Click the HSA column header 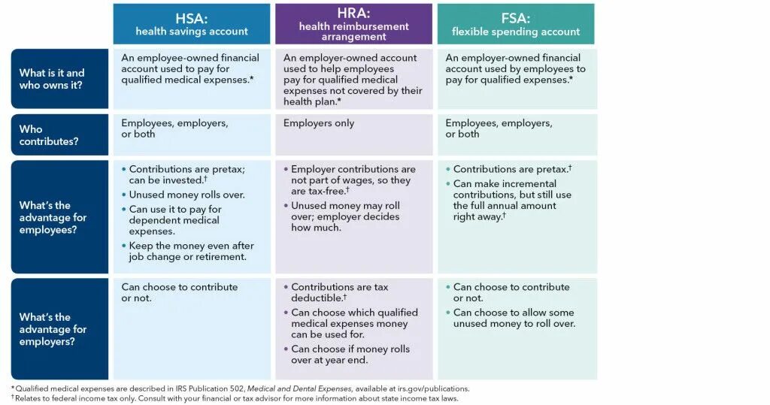[191, 24]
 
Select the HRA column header [353, 24]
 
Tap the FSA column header [515, 24]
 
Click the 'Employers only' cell [319, 123]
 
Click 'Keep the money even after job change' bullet [191, 252]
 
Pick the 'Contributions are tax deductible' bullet [340, 292]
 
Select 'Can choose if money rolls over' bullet [350, 355]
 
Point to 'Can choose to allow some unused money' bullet [514, 318]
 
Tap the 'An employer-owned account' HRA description [353, 79]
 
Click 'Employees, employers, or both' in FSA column [499, 128]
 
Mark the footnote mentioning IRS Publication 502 [241, 388]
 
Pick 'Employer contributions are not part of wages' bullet [353, 180]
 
